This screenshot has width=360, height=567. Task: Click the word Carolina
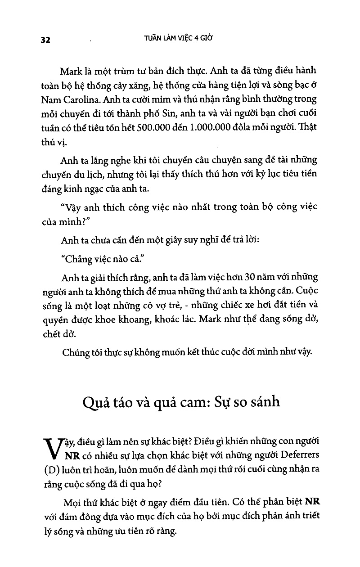79,99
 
